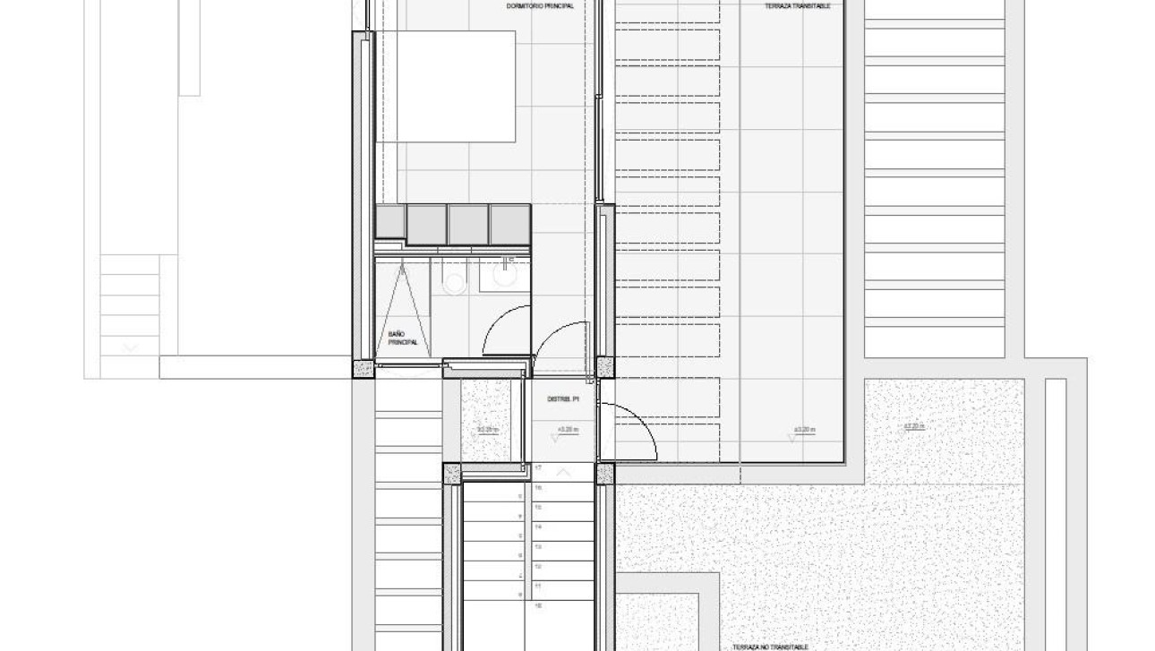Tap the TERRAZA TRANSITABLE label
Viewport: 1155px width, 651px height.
pos(797,6)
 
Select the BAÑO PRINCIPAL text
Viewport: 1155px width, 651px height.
pos(402,338)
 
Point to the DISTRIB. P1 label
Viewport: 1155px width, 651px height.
pos(564,399)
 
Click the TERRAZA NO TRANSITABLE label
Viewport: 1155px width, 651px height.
pos(771,647)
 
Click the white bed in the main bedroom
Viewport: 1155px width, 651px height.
pos(445,86)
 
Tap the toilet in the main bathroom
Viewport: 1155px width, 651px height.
pos(455,283)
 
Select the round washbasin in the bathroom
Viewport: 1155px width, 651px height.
pos(504,278)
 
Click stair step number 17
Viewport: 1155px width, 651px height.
pos(538,468)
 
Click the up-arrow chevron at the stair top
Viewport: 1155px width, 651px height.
pos(563,471)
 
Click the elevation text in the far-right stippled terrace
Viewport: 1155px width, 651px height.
pos(913,426)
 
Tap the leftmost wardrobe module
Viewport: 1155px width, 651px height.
pos(390,222)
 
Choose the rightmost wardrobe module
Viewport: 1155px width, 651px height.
pos(510,224)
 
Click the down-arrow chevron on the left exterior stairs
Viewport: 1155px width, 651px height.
pos(131,347)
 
